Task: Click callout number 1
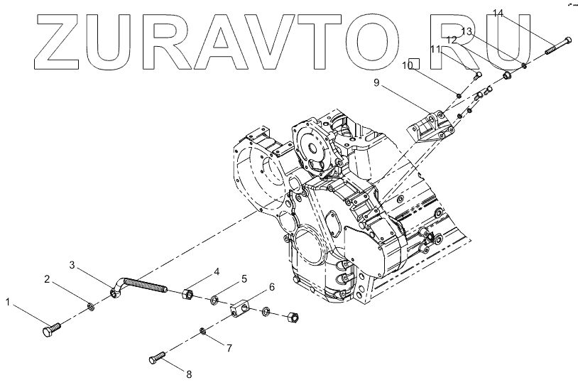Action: pyautogui.click(x=9, y=303)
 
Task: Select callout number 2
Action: pyautogui.click(x=47, y=278)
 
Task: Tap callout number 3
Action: pyautogui.click(x=73, y=266)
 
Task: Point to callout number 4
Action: pyautogui.click(x=217, y=271)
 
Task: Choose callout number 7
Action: pyautogui.click(x=229, y=348)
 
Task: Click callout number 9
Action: pyautogui.click(x=377, y=83)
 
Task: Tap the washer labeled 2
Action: pyautogui.click(x=91, y=307)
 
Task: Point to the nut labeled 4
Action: pyautogui.click(x=190, y=293)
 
